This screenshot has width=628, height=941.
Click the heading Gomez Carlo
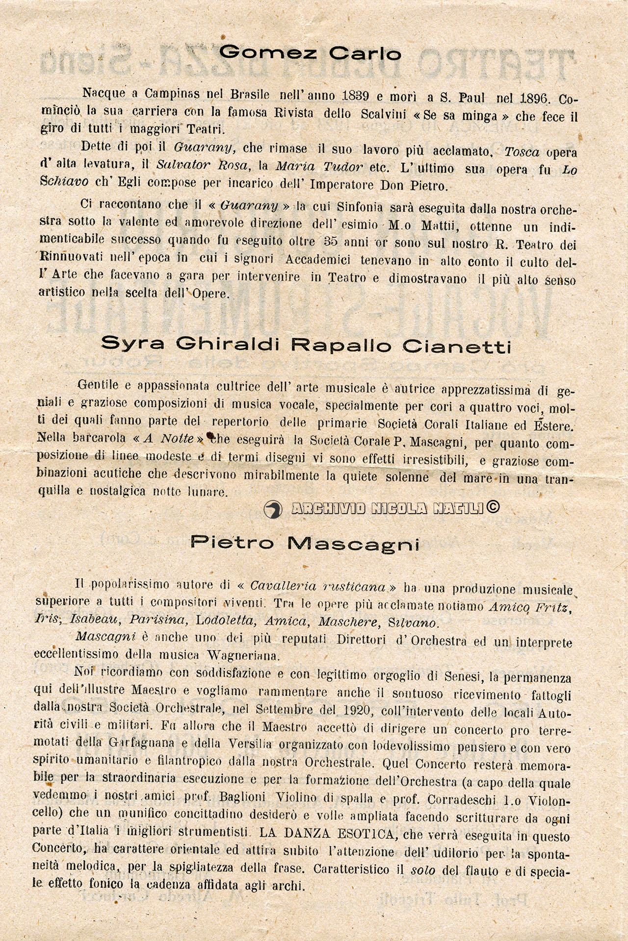click(310, 52)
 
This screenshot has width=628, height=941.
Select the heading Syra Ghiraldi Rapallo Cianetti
click(306, 345)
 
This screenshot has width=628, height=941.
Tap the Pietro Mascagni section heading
click(305, 543)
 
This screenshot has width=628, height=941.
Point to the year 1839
click(356, 95)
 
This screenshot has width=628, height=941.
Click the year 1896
click(534, 98)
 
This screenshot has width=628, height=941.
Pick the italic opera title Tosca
click(522, 152)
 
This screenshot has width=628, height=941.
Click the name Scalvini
click(383, 114)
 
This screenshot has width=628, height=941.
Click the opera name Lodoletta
click(225, 620)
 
